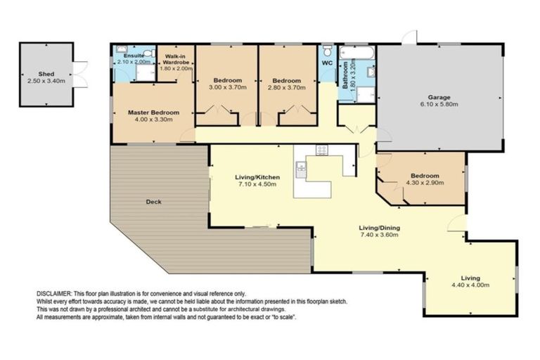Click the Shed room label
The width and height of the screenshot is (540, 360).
(46, 74)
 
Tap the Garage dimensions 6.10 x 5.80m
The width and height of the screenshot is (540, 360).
(439, 104)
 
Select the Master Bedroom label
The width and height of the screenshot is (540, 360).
(153, 112)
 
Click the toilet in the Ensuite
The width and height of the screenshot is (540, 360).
(149, 53)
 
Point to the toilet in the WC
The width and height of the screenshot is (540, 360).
(328, 51)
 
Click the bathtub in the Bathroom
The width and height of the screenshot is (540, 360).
(356, 53)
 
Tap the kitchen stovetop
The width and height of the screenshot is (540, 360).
(322, 150)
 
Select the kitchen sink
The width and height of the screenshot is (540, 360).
(301, 169)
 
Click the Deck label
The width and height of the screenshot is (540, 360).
(153, 202)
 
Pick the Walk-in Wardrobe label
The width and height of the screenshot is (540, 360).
(176, 59)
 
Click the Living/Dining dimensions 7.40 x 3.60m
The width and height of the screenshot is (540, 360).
(379, 235)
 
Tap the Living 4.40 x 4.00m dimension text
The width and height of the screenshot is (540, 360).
(470, 285)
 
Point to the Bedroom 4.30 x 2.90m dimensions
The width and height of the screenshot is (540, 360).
(425, 183)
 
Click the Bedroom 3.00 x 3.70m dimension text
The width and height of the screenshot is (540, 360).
(228, 87)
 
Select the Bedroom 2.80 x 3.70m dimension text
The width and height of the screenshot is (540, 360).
(287, 87)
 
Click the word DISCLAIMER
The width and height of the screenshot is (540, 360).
(53, 294)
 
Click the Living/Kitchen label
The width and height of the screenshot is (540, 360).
(257, 177)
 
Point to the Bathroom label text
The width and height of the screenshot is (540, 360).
(345, 75)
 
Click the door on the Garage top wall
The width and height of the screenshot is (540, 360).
(410, 37)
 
